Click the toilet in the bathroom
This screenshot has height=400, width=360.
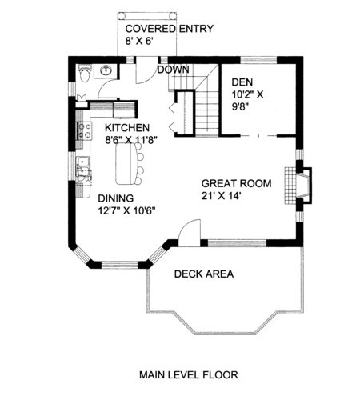85,73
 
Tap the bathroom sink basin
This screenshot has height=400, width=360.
106,70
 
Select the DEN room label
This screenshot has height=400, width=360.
242,82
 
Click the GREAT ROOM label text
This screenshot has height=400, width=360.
236,183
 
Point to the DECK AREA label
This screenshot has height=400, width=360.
204,274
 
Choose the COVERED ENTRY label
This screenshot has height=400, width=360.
170,29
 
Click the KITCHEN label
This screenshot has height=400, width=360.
127,128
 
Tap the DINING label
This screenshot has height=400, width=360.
116,198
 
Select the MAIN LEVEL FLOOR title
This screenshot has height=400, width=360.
189,375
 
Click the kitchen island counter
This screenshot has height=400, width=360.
126,164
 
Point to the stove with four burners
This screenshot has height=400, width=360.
85,130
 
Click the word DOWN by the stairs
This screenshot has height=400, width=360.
173,70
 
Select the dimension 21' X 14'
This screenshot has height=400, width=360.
222,196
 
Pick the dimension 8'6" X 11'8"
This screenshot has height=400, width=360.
130,140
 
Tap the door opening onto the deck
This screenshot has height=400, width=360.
190,233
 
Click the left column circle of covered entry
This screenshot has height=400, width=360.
122,16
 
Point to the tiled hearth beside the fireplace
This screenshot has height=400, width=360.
290,186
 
